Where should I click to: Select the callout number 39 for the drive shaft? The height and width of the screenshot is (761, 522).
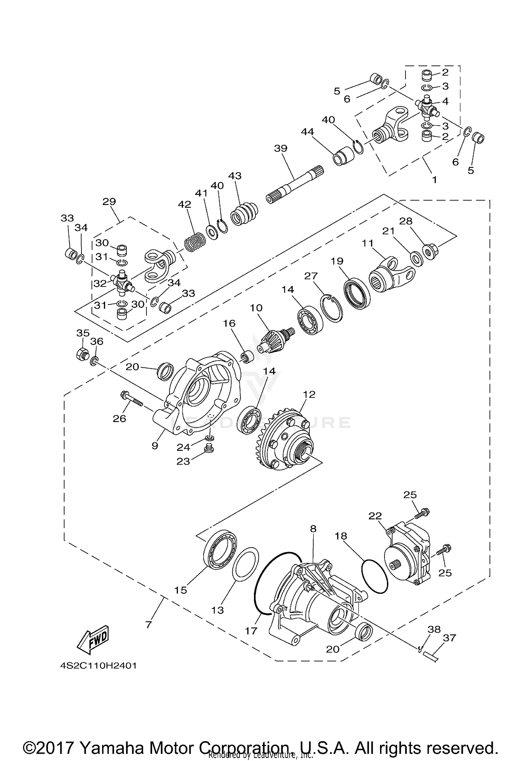[x=280, y=148]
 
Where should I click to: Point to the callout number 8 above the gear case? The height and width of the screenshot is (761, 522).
[x=313, y=529]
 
